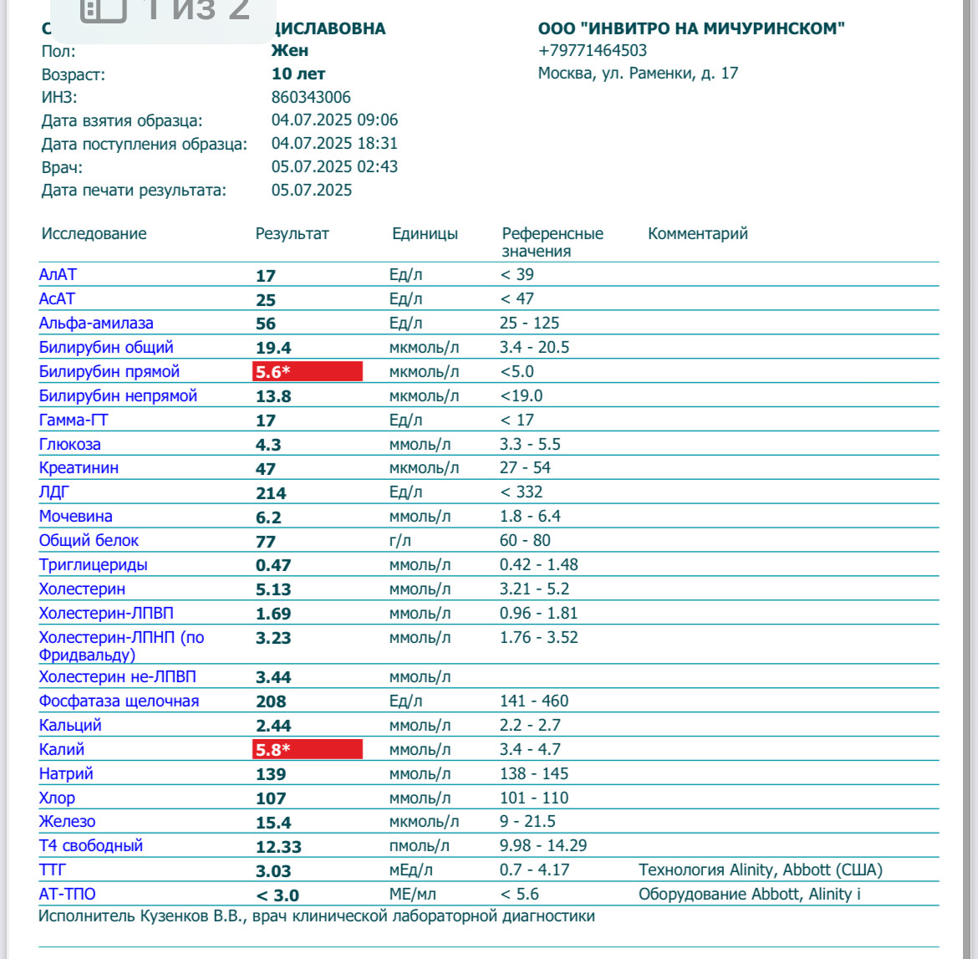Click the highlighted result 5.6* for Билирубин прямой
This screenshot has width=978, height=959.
307,372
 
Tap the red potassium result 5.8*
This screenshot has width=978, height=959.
307,749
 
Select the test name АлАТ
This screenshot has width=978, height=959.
58,274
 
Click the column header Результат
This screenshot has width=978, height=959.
292,234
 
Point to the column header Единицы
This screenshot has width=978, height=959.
425,234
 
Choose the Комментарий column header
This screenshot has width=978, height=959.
697,234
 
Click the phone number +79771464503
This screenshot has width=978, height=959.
592,51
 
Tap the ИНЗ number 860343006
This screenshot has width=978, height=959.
311,97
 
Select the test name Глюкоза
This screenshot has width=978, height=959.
69,444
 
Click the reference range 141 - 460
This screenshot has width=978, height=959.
533,701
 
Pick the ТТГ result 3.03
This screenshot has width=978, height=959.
273,871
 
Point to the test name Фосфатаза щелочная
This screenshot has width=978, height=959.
119,701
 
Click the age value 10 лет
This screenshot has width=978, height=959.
298,74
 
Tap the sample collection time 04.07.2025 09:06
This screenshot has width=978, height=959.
334,120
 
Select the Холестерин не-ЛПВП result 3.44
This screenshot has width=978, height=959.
273,677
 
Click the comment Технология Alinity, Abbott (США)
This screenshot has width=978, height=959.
760,870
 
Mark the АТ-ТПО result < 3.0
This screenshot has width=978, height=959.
277,895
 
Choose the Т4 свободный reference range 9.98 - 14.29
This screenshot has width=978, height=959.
542,845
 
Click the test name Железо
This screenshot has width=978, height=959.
67,821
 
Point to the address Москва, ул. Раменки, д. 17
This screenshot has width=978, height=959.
638,74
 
